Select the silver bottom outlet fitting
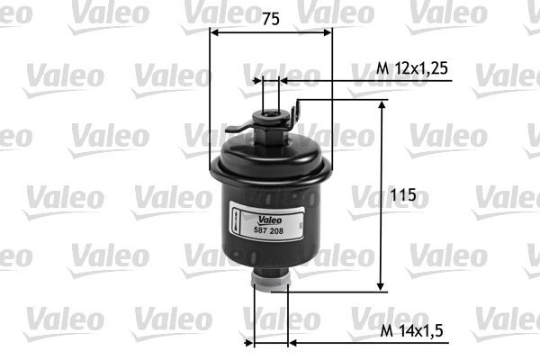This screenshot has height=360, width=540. [x=270, y=282]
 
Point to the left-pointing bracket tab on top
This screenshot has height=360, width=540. [x=236, y=131]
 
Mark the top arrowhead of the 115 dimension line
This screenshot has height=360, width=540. [x=382, y=105]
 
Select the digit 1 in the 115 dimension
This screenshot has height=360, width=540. [x=398, y=194]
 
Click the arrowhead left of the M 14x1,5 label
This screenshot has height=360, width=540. [x=292, y=344]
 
